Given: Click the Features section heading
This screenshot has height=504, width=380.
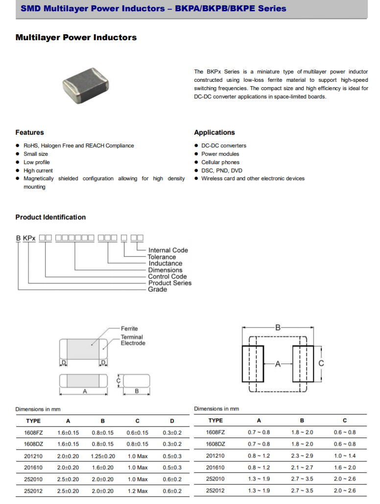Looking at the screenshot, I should click(29, 133).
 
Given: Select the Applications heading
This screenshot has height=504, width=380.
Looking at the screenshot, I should click(214, 133).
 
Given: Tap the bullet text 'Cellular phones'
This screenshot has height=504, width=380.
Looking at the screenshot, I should click(220, 162).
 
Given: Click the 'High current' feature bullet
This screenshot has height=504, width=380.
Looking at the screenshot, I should click(38, 170).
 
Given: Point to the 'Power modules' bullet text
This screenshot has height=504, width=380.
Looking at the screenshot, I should click(220, 154).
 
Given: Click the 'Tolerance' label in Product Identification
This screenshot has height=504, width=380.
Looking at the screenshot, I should click(162, 257).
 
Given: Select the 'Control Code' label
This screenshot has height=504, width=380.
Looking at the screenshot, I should click(167, 277).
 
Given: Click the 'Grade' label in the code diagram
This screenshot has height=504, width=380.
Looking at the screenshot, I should click(158, 289).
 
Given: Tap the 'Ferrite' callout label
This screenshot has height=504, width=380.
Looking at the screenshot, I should click(130, 329).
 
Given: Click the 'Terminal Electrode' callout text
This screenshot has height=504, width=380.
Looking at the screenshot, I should click(133, 340).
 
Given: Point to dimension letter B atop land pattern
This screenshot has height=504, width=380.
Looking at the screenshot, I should click(278, 328).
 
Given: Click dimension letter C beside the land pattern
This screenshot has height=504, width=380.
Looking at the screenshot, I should click(321, 363).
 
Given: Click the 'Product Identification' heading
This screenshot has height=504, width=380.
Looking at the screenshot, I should click(50, 217).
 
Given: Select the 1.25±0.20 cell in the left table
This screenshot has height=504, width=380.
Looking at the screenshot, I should click(103, 456).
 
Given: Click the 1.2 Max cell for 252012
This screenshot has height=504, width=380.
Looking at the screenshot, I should click(138, 491).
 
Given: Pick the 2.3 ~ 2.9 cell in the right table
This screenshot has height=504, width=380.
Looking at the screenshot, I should click(302, 456).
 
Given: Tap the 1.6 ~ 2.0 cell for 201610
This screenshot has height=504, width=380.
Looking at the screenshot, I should click(344, 468).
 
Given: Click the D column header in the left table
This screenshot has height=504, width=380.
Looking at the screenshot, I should click(172, 421).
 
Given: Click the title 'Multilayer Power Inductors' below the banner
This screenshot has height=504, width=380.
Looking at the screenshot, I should click(76, 38).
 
